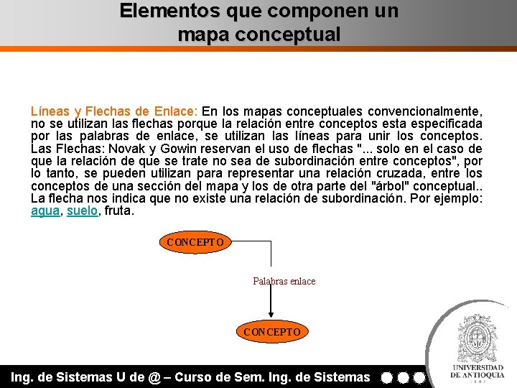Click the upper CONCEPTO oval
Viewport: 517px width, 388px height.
click(x=195, y=242)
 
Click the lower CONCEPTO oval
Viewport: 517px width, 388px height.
click(x=272, y=332)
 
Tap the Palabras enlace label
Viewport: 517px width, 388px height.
click(x=284, y=281)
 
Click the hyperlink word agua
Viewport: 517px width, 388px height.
click(x=45, y=212)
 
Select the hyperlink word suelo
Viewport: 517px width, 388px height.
click(x=83, y=212)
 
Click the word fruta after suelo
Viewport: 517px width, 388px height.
click(x=119, y=212)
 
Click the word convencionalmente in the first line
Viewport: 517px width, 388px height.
click(x=424, y=111)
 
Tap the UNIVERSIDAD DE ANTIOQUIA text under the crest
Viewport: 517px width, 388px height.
click(x=477, y=371)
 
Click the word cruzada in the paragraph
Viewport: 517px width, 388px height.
click(x=411, y=174)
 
